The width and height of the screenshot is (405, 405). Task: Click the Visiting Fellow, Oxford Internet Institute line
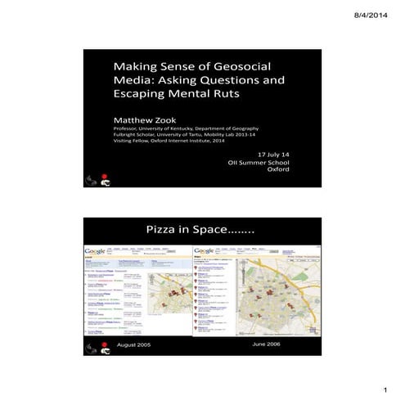[171, 142]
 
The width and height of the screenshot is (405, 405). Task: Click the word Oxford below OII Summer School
[279, 170]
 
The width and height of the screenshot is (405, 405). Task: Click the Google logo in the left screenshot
[96, 250]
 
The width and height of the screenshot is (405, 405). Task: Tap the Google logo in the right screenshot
[205, 250]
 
